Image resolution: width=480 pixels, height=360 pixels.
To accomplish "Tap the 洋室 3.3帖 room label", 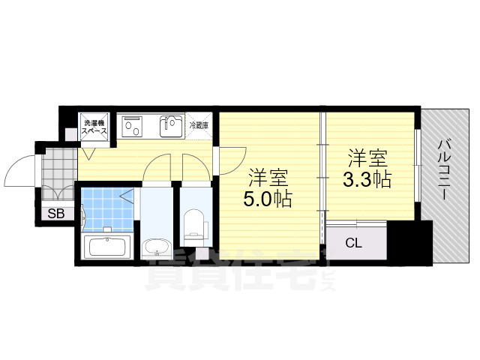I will tap(367, 170).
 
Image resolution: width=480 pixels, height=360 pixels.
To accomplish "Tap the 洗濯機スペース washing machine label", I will tap(94, 127).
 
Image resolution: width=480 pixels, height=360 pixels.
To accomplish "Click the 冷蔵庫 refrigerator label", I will tap(199, 125).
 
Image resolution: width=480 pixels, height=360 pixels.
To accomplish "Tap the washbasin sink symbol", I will tap(156, 245).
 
